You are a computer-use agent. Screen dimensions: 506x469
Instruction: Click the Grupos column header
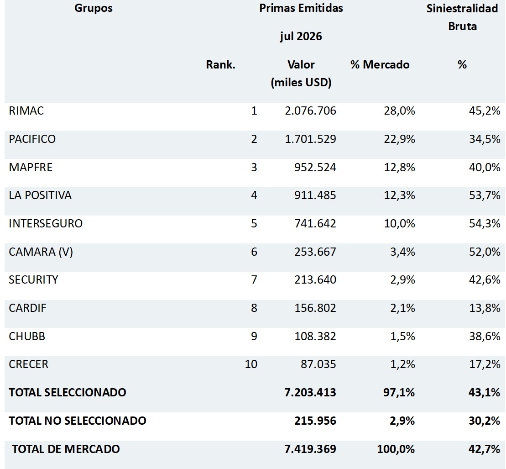[x=94, y=8]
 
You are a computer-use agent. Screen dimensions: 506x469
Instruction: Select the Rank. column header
[x=221, y=64]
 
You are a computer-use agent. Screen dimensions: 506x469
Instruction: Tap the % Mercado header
[x=380, y=64]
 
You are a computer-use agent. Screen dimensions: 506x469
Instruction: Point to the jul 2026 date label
[x=301, y=36]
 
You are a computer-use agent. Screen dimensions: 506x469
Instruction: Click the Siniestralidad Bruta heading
[x=463, y=17]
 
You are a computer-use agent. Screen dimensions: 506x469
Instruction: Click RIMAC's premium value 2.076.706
[x=310, y=111]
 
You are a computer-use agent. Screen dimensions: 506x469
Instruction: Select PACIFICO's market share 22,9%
[x=400, y=139]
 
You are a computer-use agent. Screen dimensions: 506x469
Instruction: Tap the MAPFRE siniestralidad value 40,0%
[x=485, y=167]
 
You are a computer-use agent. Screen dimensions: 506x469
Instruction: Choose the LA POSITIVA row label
[x=40, y=195]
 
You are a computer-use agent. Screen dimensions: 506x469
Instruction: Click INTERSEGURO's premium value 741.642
[x=315, y=223]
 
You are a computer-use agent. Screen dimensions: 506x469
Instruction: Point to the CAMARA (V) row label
[x=41, y=252]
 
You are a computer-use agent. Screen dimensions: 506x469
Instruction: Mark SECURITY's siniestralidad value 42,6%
[x=485, y=280]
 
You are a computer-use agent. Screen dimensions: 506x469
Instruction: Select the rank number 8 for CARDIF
[x=254, y=308]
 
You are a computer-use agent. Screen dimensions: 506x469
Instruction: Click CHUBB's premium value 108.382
[x=315, y=336]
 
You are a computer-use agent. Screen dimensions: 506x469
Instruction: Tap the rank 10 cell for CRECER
[x=251, y=364]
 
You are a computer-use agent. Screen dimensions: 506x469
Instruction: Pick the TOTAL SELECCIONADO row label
[x=68, y=392]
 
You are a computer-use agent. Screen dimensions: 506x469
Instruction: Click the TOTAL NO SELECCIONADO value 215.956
[x=315, y=421]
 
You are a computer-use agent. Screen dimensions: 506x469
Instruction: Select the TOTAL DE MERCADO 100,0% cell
[x=396, y=449]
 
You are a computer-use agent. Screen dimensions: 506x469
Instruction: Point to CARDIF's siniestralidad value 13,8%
[x=485, y=308]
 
